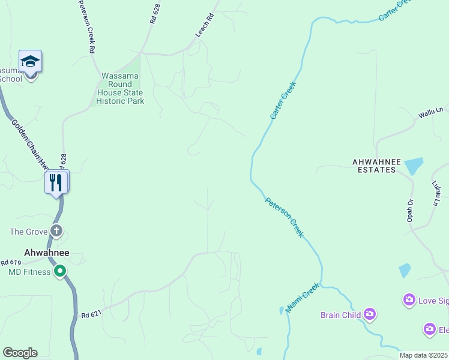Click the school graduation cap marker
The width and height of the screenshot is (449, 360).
tap(31, 61)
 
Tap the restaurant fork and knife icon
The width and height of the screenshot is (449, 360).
tap(56, 182)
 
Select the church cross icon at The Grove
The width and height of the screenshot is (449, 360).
tap(56, 231)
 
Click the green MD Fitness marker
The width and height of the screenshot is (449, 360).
tap(59, 272)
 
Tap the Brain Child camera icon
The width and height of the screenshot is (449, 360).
tap(370, 314)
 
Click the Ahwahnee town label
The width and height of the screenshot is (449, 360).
tap(46, 253)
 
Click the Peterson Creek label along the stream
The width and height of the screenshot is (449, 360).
tap(285, 217)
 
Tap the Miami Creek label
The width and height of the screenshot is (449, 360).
tap(301, 298)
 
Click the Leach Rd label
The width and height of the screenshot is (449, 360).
tap(205, 26)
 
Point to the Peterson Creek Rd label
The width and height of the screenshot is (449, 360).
tap(86, 27)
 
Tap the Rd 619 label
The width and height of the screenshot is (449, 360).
tap(11, 262)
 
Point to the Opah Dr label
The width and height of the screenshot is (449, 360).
tap(411, 211)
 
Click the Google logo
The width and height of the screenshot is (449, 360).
tap(20, 353)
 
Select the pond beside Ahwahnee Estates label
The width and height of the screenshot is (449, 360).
tap(414, 166)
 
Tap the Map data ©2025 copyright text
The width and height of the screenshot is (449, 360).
tap(423, 355)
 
